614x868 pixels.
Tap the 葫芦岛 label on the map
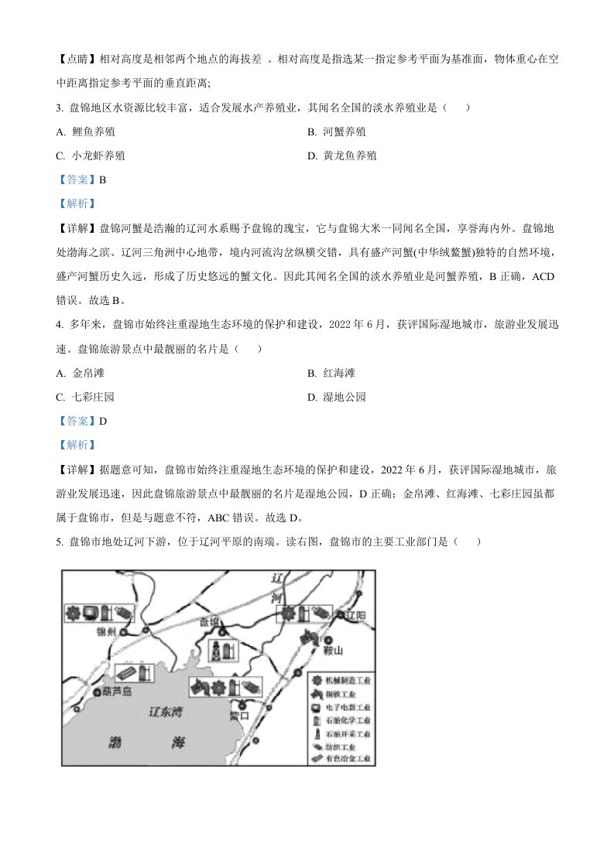117,692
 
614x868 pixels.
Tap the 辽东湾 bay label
164,711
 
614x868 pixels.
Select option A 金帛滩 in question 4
80,374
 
